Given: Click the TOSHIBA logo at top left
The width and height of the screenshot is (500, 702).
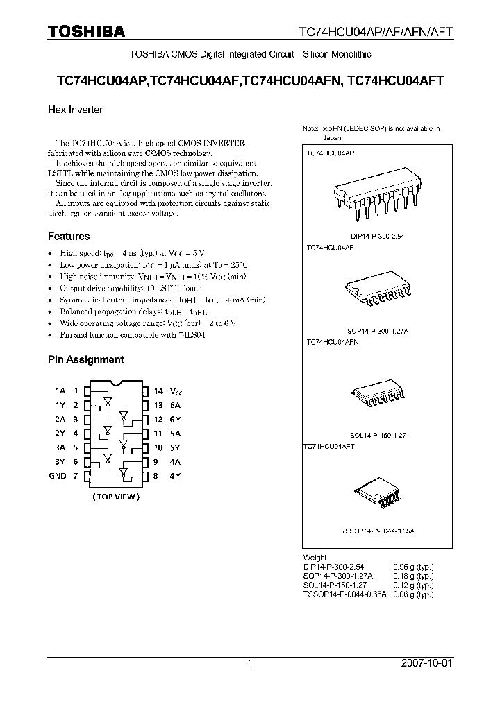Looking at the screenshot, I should (x=86, y=31).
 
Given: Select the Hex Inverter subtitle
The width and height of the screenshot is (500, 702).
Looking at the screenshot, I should (x=75, y=110).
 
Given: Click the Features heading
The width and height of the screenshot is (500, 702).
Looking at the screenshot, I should (x=69, y=237).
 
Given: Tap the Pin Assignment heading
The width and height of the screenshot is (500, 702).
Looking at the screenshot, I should (x=85, y=359).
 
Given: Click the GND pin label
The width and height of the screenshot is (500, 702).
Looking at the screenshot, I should (x=58, y=476).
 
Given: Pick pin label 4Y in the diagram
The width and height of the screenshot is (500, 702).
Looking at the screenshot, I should (x=176, y=476).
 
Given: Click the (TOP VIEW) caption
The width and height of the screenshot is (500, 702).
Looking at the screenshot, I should (x=116, y=497).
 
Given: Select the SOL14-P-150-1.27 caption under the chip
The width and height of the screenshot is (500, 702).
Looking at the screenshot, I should (x=378, y=436).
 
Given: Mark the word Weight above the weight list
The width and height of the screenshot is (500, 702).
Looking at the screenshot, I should (x=315, y=558).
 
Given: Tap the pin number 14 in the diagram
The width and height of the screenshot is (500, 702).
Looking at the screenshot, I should (x=158, y=391).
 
